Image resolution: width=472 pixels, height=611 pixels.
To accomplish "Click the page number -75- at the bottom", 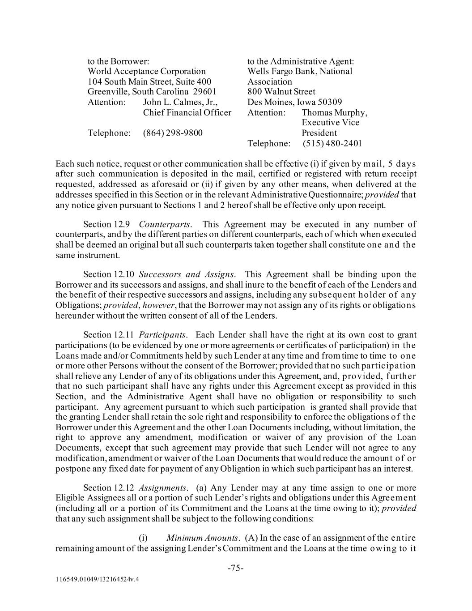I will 236,568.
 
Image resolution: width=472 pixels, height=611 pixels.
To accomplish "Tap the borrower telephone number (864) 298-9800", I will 173,133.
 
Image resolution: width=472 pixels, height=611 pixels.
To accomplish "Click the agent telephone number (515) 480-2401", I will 332,143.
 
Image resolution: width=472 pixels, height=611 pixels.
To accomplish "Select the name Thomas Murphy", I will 334,112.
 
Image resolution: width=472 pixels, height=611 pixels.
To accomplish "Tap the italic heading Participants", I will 163,335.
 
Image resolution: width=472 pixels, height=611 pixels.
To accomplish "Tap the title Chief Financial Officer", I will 187,112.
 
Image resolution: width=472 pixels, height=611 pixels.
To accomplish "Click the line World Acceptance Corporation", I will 147,71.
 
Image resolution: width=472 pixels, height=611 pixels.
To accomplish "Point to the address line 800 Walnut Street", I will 281,92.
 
